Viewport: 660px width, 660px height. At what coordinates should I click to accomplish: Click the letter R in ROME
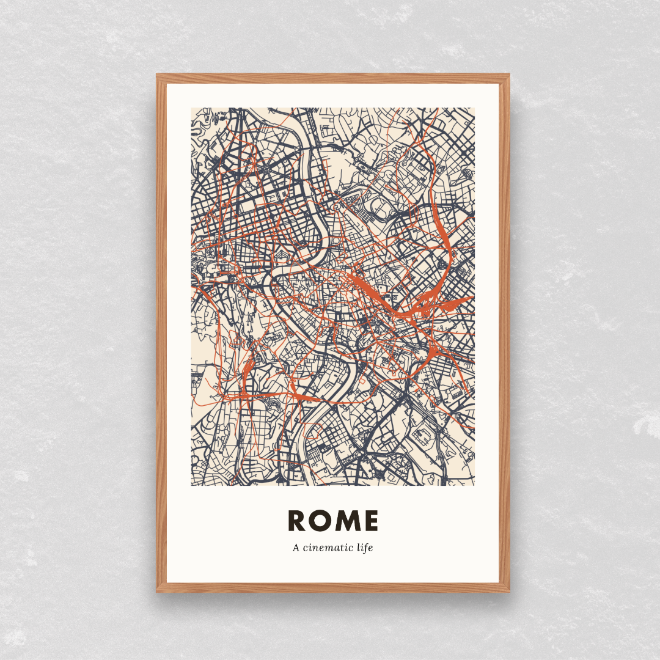coord(297,521)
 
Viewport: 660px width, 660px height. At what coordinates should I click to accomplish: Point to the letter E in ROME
coord(370,521)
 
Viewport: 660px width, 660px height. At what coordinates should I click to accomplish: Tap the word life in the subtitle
coord(365,548)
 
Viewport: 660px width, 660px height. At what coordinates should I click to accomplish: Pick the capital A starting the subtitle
coord(296,548)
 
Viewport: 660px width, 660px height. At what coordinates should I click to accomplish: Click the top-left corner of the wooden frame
coord(157,75)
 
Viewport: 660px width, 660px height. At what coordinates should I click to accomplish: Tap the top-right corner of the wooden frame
coord(509,75)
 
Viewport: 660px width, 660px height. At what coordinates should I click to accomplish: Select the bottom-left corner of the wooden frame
coord(157,592)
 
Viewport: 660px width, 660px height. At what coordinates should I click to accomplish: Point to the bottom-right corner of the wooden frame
coord(509,592)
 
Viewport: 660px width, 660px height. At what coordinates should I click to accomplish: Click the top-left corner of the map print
coord(191,108)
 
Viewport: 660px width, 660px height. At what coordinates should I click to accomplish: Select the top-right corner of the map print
coord(475,108)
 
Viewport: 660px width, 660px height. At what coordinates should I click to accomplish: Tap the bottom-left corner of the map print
coord(191,486)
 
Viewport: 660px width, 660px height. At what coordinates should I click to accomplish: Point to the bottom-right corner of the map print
coord(475,486)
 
